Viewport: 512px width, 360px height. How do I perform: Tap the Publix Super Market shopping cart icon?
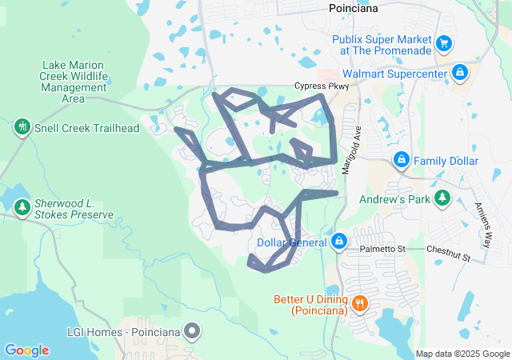point(445,42)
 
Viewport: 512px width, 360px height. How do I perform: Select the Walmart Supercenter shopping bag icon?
point(460,74)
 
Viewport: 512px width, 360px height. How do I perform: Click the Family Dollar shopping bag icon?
point(402,161)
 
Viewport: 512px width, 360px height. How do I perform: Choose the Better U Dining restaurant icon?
point(361,303)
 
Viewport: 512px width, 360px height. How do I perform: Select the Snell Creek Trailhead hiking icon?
point(21,126)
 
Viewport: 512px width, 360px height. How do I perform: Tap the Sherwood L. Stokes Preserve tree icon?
point(22,209)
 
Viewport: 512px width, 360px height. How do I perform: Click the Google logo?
point(26,350)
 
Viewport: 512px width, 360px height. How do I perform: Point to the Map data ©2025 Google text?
point(462,354)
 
